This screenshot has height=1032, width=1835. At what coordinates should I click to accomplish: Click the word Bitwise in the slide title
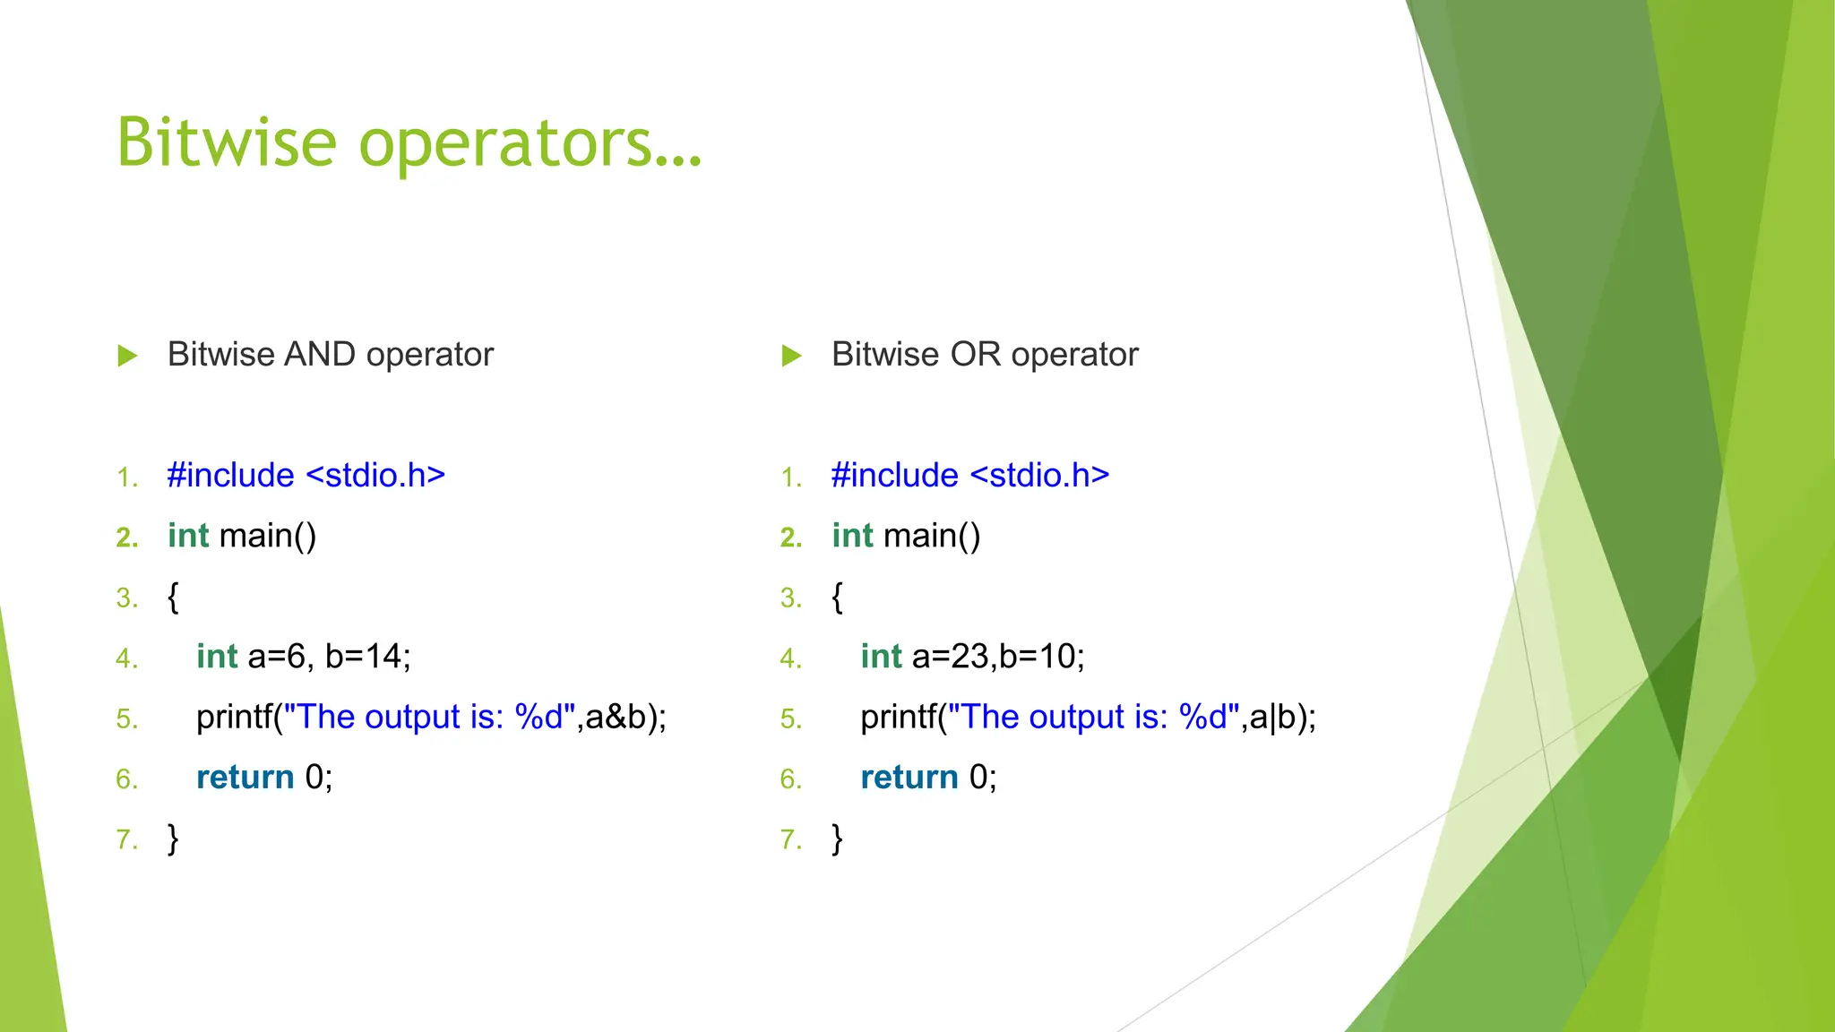coord(226,142)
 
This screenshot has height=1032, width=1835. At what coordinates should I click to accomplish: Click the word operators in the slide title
coord(529,142)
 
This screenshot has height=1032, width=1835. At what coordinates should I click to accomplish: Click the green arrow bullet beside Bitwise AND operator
coord(127,356)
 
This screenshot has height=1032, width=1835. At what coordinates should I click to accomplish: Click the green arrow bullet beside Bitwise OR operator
coord(791,356)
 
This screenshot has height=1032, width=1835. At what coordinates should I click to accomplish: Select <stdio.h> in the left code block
coord(375,475)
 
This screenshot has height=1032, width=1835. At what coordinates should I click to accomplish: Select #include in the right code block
coord(894,475)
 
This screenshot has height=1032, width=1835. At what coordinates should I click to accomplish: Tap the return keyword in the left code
coord(245,777)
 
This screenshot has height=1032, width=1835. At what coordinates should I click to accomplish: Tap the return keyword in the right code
coord(909,777)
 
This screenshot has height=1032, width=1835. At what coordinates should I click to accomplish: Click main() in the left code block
coord(267,536)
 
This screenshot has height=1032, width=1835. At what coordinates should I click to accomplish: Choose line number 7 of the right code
coord(790,839)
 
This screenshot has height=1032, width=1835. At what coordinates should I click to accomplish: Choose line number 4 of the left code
coord(126,658)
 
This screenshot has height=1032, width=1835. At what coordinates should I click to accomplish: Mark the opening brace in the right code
coord(837,597)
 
